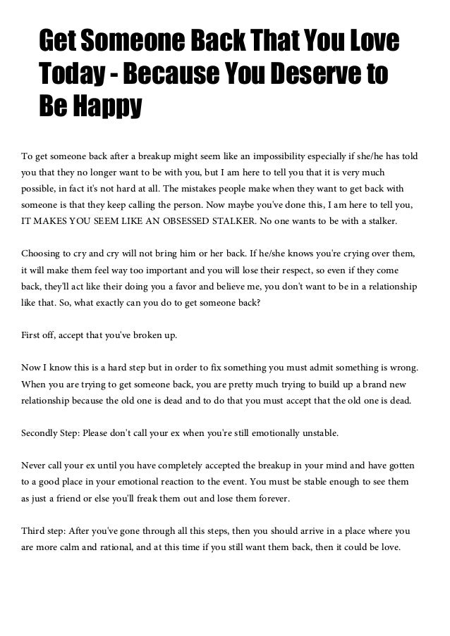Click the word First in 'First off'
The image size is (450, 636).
[x=32, y=334]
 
